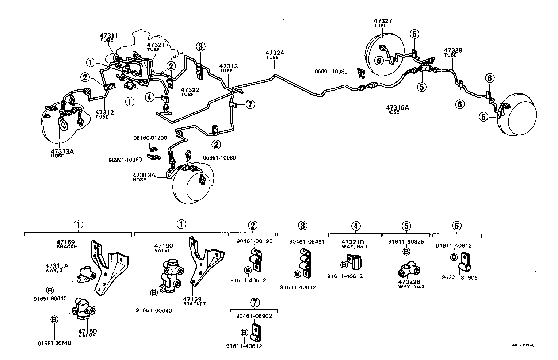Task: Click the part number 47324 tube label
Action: click(x=275, y=55)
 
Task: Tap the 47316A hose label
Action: click(x=397, y=109)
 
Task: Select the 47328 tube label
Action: click(x=453, y=52)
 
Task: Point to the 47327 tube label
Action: click(x=383, y=23)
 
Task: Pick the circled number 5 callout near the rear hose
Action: click(x=422, y=87)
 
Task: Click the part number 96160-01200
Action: click(x=150, y=138)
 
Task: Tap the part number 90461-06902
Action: click(x=254, y=316)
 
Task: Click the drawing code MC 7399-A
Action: click(x=525, y=345)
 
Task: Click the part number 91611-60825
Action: click(x=406, y=241)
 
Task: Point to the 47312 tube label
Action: click(x=104, y=114)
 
